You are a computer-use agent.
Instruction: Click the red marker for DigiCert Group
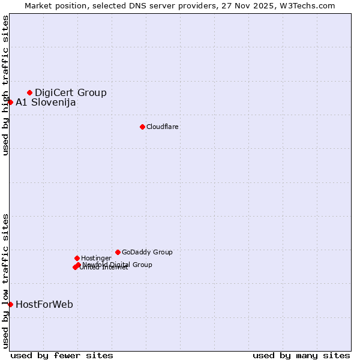29,92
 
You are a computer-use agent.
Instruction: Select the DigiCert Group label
71,92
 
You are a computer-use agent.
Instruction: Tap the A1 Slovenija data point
10,102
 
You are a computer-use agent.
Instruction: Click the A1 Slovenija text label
46,102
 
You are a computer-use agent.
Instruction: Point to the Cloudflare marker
142,127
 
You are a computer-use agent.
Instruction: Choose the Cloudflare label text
163,127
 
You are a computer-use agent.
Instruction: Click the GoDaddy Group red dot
118,252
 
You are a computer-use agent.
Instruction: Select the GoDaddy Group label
147,252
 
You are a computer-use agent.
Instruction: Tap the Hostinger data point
77,258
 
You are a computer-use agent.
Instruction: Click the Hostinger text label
97,258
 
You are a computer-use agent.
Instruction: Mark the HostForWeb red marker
10,304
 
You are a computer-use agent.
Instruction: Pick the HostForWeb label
44,304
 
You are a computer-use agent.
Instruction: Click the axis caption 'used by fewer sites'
62,355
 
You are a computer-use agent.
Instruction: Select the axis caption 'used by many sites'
301,355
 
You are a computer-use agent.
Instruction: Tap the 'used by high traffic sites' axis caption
6,85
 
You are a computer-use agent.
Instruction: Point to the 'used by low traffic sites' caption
6,281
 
